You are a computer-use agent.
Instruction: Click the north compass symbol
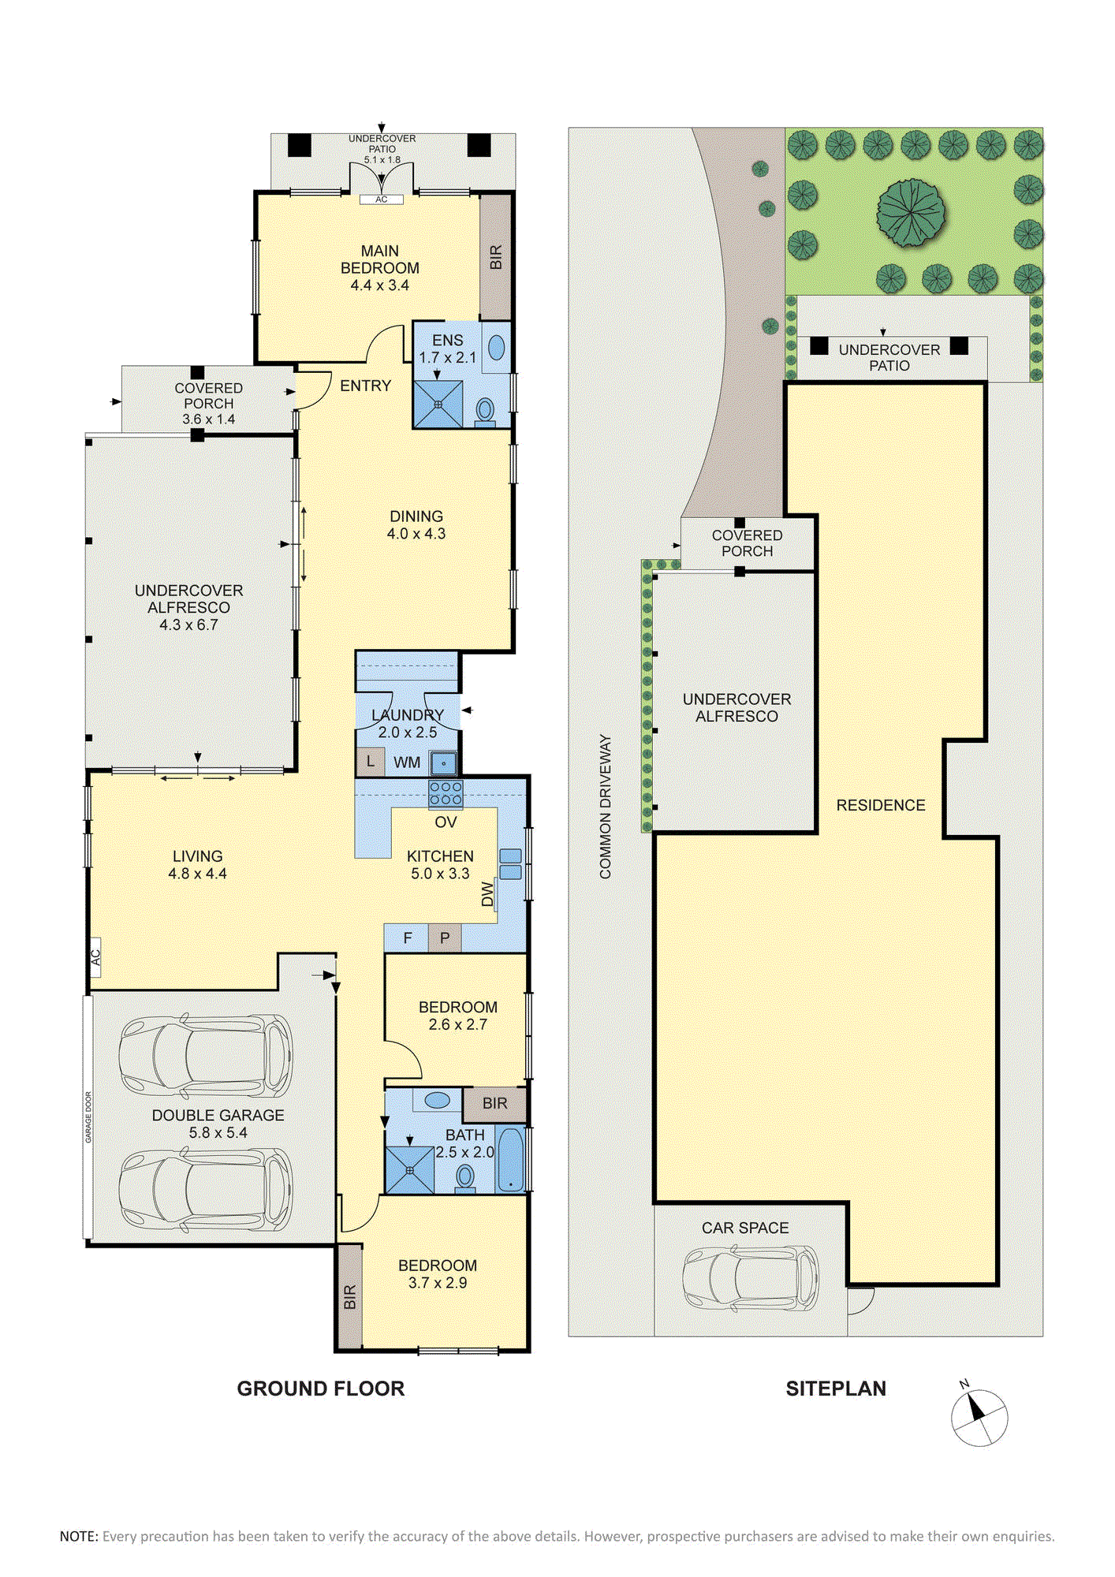click(979, 1416)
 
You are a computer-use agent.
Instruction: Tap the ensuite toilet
click(485, 411)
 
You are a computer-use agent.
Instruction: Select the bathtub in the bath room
click(510, 1160)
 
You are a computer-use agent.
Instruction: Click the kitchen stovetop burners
click(446, 793)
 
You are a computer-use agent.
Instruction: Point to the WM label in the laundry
click(407, 762)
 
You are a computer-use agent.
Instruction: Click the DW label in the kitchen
click(487, 895)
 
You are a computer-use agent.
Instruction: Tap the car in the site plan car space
click(750, 1278)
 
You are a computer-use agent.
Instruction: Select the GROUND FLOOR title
click(321, 1389)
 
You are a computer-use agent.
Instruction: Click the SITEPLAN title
click(836, 1389)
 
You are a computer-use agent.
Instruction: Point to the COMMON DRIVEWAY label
click(606, 807)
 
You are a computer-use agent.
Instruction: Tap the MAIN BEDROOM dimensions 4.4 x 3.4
click(379, 285)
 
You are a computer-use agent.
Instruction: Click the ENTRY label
click(365, 386)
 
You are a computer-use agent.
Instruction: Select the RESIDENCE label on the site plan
click(881, 805)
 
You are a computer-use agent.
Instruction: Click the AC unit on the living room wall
click(95, 957)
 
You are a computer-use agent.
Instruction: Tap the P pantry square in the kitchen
click(445, 938)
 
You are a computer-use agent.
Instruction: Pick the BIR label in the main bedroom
click(495, 257)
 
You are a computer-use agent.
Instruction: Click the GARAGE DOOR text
click(88, 1117)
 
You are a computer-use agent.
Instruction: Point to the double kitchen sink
click(510, 864)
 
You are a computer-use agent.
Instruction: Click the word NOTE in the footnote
click(79, 1536)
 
